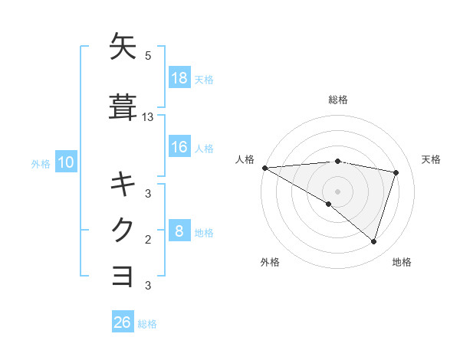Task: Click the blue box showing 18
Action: point(179,78)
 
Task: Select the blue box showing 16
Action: point(179,148)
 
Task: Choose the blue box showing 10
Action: point(65,162)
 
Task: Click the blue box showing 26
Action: point(123,323)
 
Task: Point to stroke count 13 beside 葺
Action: point(148,117)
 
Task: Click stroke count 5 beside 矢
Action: point(148,56)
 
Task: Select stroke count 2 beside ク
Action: point(148,240)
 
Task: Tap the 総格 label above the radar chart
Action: point(338,100)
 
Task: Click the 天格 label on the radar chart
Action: point(432,159)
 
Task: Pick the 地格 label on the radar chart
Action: point(402,262)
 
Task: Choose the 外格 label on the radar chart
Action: point(270,262)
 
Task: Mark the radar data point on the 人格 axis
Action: point(264,168)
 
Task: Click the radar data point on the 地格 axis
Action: point(373,242)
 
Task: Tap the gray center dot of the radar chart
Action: point(337,191)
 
